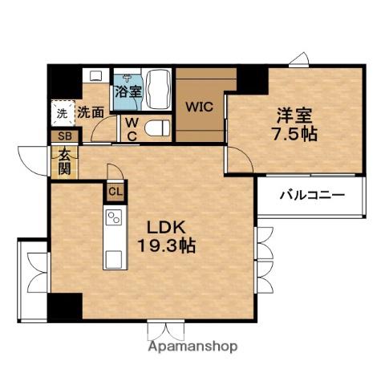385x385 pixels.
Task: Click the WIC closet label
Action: pyautogui.click(x=200, y=107)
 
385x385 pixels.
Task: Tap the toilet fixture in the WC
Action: pyautogui.click(x=157, y=128)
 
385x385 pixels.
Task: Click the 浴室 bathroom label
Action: pyautogui.click(x=128, y=91)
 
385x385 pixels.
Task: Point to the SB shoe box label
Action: pyautogui.click(x=65, y=136)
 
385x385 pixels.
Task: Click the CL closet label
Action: pyautogui.click(x=115, y=192)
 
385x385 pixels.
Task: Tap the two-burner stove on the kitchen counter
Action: pyautogui.click(x=114, y=217)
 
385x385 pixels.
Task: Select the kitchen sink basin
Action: pyautogui.click(x=113, y=259)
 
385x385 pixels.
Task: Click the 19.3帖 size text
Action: pyautogui.click(x=166, y=245)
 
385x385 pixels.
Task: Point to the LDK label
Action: pyautogui.click(x=167, y=228)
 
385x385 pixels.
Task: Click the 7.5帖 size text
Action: pyautogui.click(x=294, y=134)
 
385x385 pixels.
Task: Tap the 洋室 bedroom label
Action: pyautogui.click(x=294, y=115)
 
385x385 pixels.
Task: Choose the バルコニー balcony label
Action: pyautogui.click(x=312, y=196)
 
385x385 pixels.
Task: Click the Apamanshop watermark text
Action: pyautogui.click(x=192, y=346)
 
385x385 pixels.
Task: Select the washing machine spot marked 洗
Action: pyautogui.click(x=63, y=113)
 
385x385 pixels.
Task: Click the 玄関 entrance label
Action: pyautogui.click(x=64, y=161)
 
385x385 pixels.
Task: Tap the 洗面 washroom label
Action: pyautogui.click(x=91, y=112)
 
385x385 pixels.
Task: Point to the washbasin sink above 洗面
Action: pyautogui.click(x=95, y=75)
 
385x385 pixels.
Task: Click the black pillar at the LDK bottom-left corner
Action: pyautogui.click(x=65, y=307)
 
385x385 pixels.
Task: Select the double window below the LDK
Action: pyautogui.click(x=166, y=330)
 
